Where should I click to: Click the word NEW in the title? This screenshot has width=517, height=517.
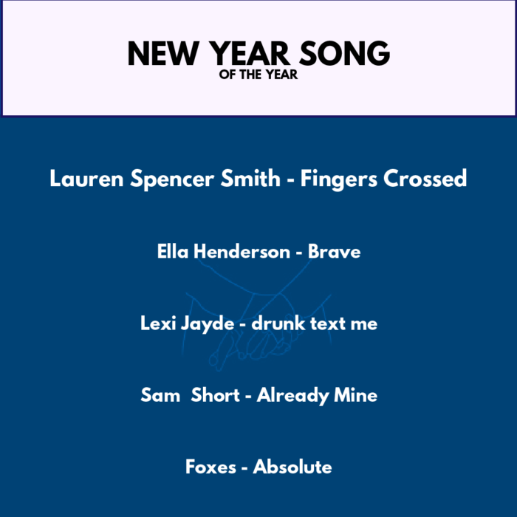click(x=163, y=53)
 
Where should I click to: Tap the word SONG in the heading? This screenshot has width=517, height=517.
click(x=345, y=53)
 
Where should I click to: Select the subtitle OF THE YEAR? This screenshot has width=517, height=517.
click(x=258, y=75)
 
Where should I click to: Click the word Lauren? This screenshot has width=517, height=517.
click(x=86, y=179)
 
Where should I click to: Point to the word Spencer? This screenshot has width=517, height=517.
click(x=172, y=179)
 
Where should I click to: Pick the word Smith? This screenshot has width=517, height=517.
click(x=250, y=178)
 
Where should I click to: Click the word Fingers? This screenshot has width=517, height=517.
click(x=338, y=179)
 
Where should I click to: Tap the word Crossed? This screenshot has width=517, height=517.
click(x=425, y=179)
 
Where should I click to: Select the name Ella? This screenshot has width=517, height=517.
click(x=173, y=252)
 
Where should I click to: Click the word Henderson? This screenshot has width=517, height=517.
click(x=242, y=252)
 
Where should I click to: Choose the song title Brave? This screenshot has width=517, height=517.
click(x=335, y=252)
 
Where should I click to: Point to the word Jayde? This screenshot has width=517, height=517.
click(x=208, y=324)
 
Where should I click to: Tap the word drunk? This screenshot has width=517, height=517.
click(x=278, y=323)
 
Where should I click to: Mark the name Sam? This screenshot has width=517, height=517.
click(x=160, y=394)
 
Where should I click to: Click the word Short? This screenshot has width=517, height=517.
click(x=216, y=394)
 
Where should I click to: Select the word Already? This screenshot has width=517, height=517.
click(x=292, y=396)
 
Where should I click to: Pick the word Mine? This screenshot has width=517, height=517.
click(x=356, y=394)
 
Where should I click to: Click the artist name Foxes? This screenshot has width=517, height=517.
click(x=210, y=467)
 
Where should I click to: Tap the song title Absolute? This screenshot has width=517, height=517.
click(x=292, y=467)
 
